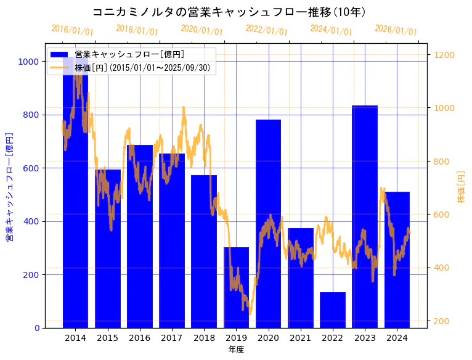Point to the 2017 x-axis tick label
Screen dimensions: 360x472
171,338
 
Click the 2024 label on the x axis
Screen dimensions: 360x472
397,338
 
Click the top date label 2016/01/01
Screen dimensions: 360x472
72,30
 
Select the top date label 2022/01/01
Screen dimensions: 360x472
266,30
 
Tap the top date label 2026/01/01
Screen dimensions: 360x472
396,30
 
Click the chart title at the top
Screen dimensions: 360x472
236,12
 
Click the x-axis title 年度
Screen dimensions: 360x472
236,350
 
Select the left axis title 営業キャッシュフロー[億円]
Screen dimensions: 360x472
9,186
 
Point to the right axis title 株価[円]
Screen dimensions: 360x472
462,186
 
